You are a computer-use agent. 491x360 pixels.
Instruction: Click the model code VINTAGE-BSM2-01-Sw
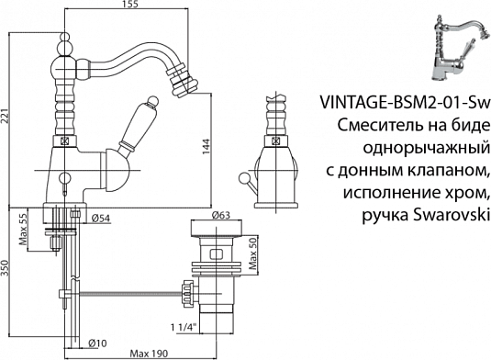[403, 102]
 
